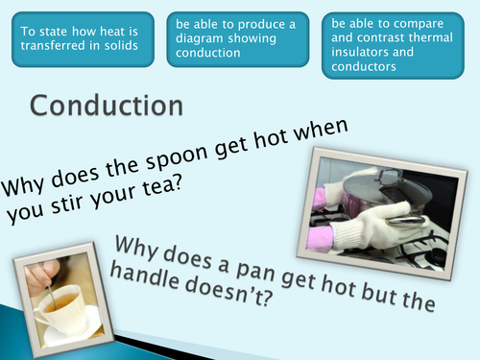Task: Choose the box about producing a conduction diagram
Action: tap(236, 39)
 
